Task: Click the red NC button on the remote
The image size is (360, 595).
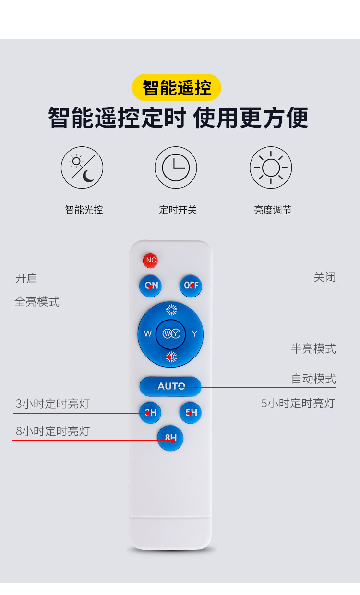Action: pyautogui.click(x=150, y=261)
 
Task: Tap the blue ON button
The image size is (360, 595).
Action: pyautogui.click(x=150, y=286)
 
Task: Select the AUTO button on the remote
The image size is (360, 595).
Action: pyautogui.click(x=171, y=386)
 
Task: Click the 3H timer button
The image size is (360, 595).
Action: pyautogui.click(x=150, y=412)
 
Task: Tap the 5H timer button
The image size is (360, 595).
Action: pyautogui.click(x=191, y=412)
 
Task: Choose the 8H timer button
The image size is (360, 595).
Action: pyautogui.click(x=170, y=438)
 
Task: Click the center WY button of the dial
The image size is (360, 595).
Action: pyautogui.click(x=171, y=334)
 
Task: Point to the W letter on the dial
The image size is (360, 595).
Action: pyautogui.click(x=148, y=334)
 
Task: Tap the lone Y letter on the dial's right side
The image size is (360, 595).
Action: pyautogui.click(x=194, y=334)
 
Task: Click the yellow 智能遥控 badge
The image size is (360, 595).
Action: pyautogui.click(x=177, y=88)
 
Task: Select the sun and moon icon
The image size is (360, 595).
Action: pyautogui.click(x=82, y=168)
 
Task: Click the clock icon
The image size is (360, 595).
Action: pyautogui.click(x=176, y=168)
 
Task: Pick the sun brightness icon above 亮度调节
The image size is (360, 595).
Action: pyautogui.click(x=271, y=168)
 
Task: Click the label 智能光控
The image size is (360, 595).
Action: pyautogui.click(x=84, y=210)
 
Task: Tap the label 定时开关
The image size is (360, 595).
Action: pyautogui.click(x=178, y=210)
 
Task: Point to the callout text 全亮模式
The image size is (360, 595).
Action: pyautogui.click(x=37, y=302)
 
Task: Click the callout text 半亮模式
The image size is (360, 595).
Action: pyautogui.click(x=313, y=349)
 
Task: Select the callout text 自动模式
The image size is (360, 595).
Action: pyautogui.click(x=313, y=379)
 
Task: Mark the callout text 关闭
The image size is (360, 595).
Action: pyautogui.click(x=324, y=277)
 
